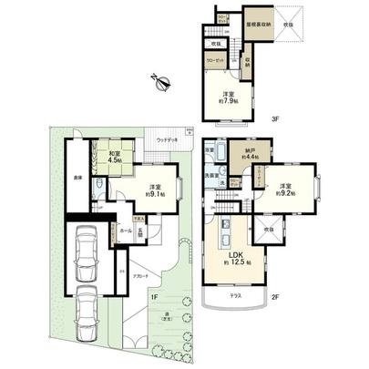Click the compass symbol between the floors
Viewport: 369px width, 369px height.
click(x=162, y=82)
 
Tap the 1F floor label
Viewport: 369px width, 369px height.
click(x=155, y=297)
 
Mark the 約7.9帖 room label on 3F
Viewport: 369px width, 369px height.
click(x=228, y=100)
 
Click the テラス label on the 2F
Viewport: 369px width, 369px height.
click(x=235, y=297)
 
